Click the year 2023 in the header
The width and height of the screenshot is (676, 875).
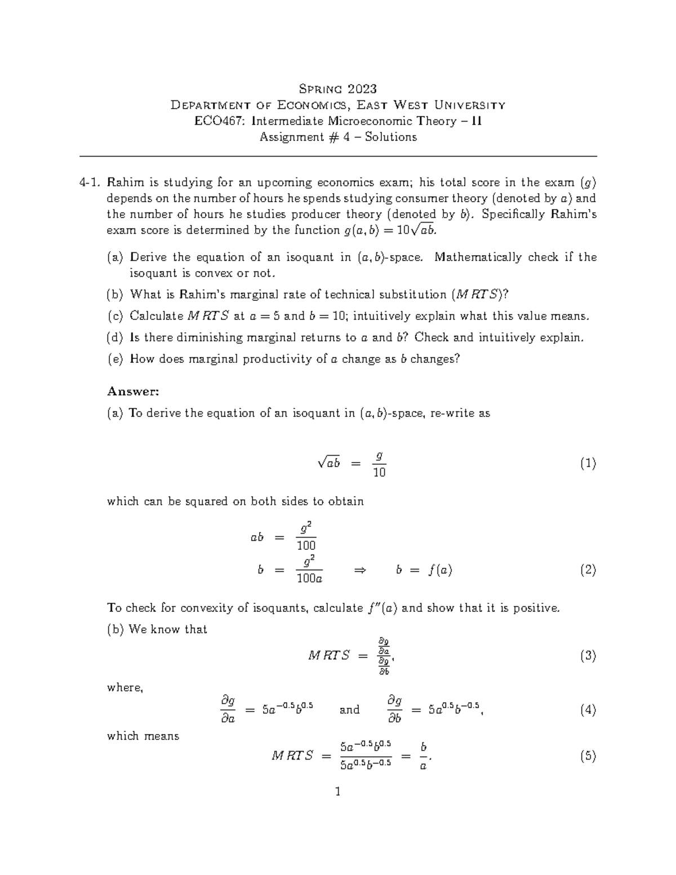(362, 88)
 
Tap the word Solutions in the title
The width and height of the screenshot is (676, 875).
(390, 137)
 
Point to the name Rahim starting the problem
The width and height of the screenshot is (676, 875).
(125, 183)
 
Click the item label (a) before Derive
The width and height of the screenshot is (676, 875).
(115, 257)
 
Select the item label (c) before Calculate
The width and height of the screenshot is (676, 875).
(115, 316)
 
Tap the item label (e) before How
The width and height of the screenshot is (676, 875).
(115, 359)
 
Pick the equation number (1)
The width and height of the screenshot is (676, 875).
(588, 464)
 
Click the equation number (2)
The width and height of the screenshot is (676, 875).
(588, 570)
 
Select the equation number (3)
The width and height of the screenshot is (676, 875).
(588, 656)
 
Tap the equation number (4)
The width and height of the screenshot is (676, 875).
(588, 710)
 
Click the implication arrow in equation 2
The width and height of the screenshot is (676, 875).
(359, 571)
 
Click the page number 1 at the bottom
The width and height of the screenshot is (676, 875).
(338, 792)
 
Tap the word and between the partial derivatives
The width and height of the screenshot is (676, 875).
(349, 710)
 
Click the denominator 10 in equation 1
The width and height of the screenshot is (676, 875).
(379, 473)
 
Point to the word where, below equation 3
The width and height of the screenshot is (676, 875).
(125, 688)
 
